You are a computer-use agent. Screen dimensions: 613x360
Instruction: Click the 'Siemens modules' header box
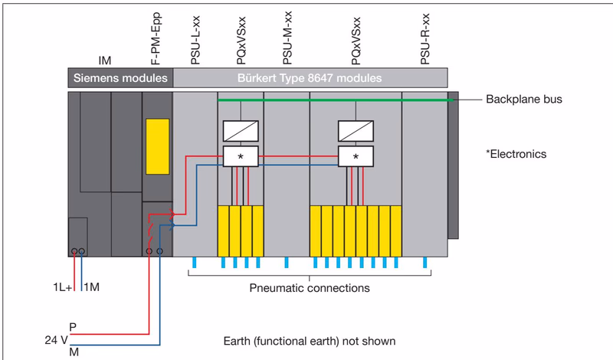click(x=120, y=78)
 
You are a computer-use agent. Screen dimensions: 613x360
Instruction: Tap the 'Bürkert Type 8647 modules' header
click(x=310, y=78)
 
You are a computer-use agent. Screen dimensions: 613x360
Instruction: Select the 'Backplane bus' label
click(x=524, y=100)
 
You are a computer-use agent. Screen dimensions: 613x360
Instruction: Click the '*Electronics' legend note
click(x=516, y=154)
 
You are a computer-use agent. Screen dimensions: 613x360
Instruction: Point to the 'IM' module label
click(x=105, y=61)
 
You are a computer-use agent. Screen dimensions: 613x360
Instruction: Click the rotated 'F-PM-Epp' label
click(x=156, y=39)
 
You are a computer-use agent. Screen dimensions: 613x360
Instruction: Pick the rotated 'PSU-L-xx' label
click(x=195, y=40)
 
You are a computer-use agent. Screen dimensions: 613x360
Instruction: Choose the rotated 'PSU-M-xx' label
click(x=287, y=38)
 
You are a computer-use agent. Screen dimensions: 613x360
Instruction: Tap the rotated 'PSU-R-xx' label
click(x=425, y=39)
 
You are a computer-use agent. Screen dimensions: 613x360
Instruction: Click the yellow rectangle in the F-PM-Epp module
click(x=158, y=146)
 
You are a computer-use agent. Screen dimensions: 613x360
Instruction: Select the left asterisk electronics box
click(x=241, y=156)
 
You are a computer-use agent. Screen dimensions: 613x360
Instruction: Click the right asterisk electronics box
click(x=356, y=156)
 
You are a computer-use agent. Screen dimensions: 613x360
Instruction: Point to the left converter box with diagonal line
click(x=241, y=131)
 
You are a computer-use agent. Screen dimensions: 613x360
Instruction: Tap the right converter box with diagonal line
click(x=356, y=131)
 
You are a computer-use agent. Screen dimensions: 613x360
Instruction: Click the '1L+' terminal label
click(x=63, y=287)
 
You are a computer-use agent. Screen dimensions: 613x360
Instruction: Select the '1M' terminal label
click(x=91, y=287)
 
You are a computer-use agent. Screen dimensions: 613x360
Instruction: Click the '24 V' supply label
click(x=56, y=340)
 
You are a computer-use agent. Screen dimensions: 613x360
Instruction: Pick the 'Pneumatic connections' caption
click(x=310, y=288)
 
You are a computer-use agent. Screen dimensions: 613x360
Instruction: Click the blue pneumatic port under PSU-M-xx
click(x=287, y=262)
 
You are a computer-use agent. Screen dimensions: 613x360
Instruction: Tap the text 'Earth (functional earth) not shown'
click(x=310, y=342)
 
